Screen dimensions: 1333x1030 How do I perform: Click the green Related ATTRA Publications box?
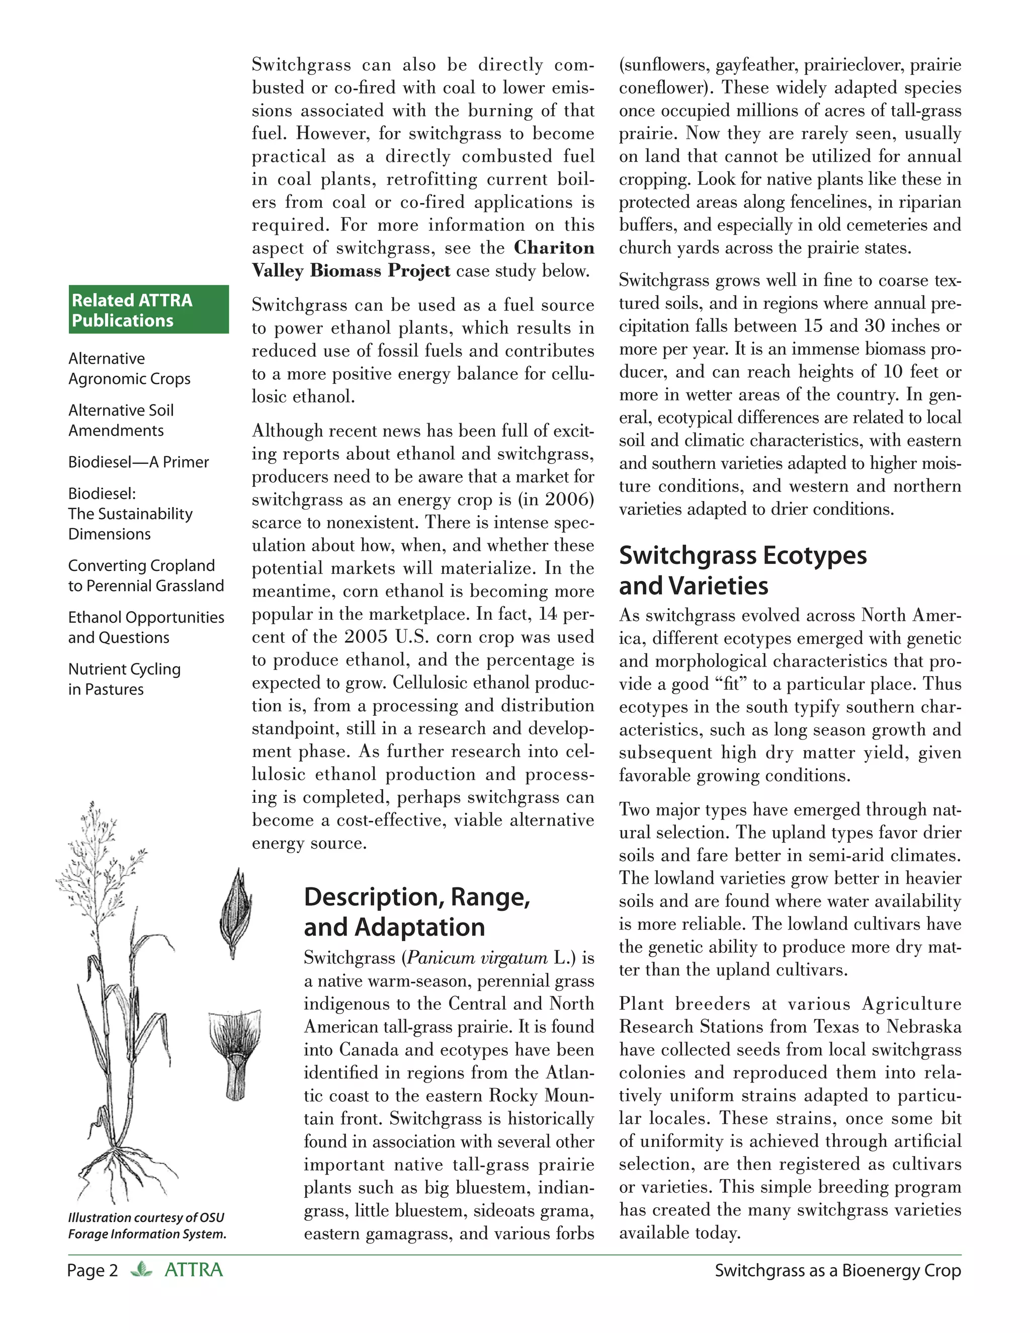(148, 309)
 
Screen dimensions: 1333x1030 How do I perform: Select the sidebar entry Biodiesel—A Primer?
(138, 462)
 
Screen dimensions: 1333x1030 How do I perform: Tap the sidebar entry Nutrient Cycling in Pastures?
(125, 679)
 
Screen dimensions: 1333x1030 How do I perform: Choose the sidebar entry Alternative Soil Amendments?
(121, 420)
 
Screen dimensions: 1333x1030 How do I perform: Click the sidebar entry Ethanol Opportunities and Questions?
(146, 627)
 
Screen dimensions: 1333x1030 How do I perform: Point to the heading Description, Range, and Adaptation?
(417, 912)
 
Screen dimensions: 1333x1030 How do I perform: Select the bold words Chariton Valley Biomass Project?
(423, 260)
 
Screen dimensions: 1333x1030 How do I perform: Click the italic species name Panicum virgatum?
(477, 958)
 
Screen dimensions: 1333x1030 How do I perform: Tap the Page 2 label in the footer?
(92, 1271)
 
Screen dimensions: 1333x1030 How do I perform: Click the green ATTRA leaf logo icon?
(141, 1270)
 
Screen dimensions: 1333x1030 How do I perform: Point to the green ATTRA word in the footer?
(194, 1270)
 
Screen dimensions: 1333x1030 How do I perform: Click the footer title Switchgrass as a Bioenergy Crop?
(837, 1271)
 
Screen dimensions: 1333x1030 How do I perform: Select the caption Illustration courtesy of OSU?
(146, 1218)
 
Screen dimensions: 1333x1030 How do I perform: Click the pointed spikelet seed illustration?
(235, 912)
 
